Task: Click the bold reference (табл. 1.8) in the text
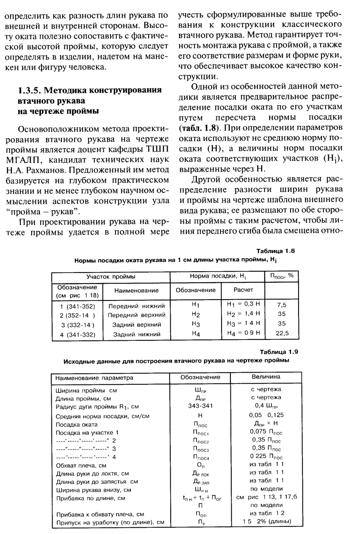click(x=197, y=128)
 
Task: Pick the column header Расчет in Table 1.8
click(x=244, y=290)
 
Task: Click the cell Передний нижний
click(x=136, y=305)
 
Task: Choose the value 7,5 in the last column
click(x=282, y=305)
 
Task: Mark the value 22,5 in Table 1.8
click(x=282, y=334)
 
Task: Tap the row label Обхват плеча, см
click(x=81, y=464)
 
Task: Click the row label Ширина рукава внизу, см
click(x=91, y=489)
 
